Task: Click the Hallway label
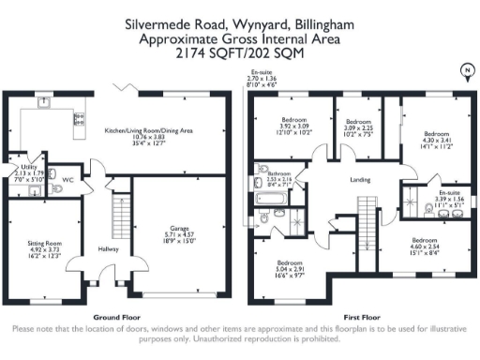pos(105,249)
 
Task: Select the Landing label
pos(359,180)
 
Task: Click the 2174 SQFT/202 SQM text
pos(239,54)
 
